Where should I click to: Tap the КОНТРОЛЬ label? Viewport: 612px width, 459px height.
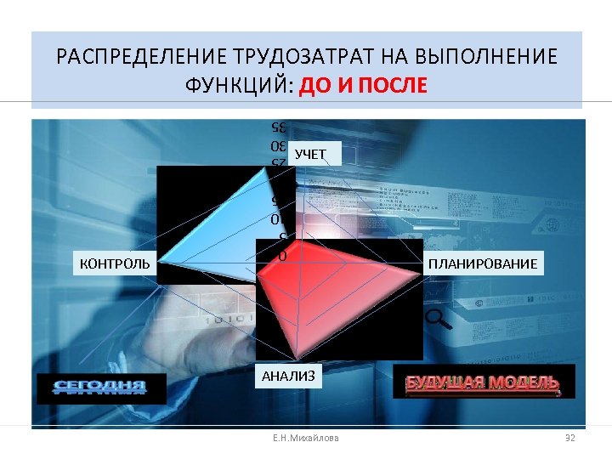pyautogui.click(x=115, y=263)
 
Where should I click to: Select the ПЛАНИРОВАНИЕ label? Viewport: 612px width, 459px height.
pyautogui.click(x=483, y=263)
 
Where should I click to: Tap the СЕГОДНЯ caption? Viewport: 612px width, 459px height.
pyautogui.click(x=99, y=388)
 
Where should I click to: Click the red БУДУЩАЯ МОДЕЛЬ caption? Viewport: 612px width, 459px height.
pyautogui.click(x=482, y=382)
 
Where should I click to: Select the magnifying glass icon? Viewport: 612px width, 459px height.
pyautogui.click(x=438, y=319)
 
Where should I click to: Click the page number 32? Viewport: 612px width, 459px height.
pyautogui.click(x=570, y=438)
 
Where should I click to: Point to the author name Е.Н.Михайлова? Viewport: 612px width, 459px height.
pyautogui.click(x=305, y=438)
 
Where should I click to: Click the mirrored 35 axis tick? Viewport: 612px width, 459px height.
pyautogui.click(x=275, y=127)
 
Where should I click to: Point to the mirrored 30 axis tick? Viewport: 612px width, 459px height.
pyautogui.click(x=275, y=144)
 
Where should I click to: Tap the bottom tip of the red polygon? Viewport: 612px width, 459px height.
pyautogui.click(x=298, y=357)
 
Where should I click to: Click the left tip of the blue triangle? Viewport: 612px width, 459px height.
pyautogui.click(x=160, y=262)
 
